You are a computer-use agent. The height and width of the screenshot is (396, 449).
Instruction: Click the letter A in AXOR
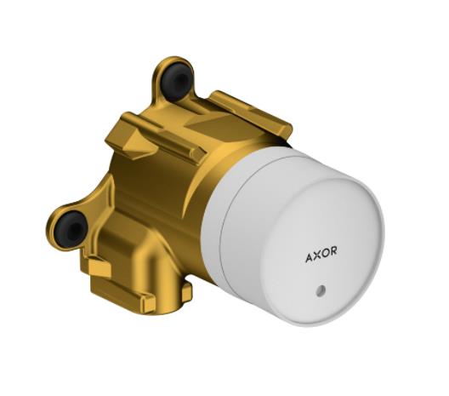pos(310,258)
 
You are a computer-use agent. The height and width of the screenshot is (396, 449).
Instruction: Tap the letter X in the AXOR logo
pos(317,255)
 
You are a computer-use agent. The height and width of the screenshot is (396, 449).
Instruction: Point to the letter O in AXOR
pos(325,253)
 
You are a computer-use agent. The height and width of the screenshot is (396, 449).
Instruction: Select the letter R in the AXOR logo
pos(333,250)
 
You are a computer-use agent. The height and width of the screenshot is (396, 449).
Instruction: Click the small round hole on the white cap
pos(321,290)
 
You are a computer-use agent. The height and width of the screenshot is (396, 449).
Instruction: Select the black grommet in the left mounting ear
pos(71,228)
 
